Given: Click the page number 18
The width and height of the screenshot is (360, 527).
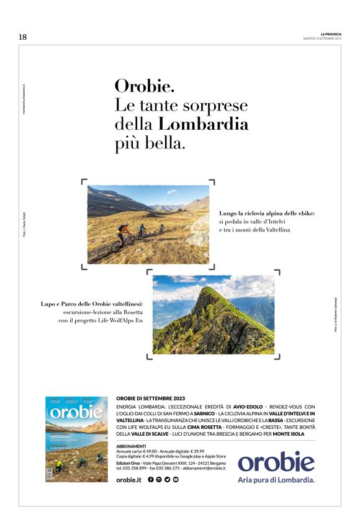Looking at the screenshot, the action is pos(23,37).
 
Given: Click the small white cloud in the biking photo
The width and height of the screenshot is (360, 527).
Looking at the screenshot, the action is pos(171,192).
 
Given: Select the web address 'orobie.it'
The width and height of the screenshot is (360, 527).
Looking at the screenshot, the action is pos(129,480).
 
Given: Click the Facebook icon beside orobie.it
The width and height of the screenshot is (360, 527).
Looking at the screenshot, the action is pos(151,480).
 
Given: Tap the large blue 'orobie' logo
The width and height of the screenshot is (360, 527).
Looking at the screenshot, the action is pos(276,462).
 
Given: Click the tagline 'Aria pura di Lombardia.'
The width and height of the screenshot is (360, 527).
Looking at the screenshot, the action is pos(276,480).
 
